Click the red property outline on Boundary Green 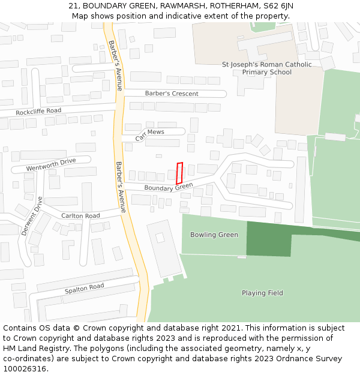click(179, 173)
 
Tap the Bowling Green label click(214, 235)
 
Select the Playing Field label click(262, 293)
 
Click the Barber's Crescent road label click(172, 94)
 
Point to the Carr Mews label click(149, 134)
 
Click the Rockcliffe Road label click(38, 111)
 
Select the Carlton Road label click(80, 215)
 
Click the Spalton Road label click(85, 289)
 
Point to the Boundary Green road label click(169, 187)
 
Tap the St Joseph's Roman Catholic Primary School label click(267, 68)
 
